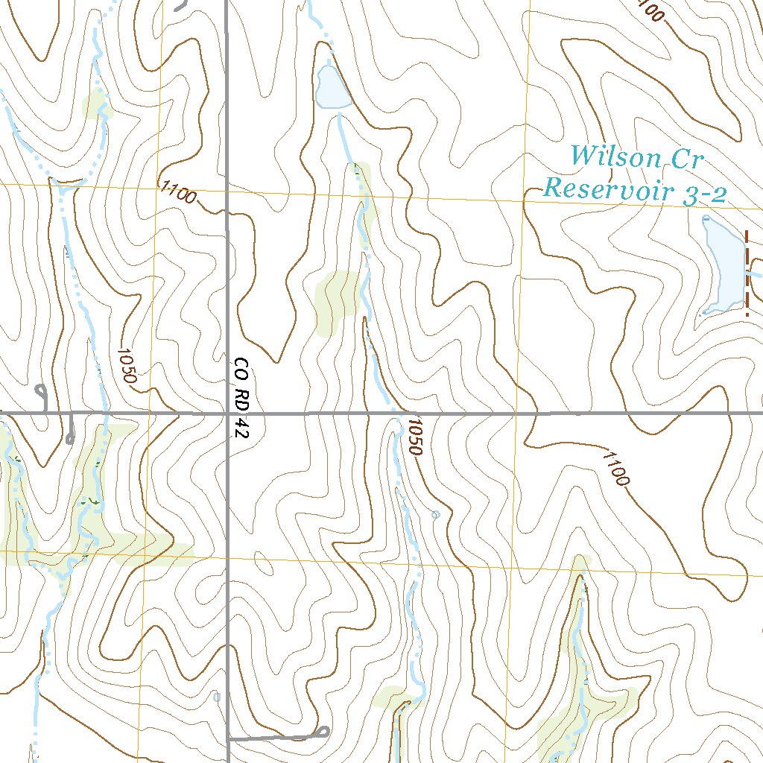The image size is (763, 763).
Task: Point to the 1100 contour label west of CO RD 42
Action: tap(178, 192)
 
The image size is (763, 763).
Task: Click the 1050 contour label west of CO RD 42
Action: tap(127, 366)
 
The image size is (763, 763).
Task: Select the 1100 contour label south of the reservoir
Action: tap(615, 467)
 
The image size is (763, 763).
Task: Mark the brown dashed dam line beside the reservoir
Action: tap(747, 273)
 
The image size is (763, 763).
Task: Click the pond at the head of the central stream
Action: tap(332, 89)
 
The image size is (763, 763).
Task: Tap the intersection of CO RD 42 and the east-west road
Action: tap(227, 412)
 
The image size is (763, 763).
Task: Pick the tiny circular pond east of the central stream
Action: tap(436, 514)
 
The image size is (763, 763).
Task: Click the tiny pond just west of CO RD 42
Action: tap(216, 697)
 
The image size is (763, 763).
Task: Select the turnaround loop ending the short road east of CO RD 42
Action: tap(323, 732)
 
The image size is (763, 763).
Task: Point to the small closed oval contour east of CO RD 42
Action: tap(263, 564)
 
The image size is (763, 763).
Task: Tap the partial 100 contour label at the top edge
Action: tap(650, 11)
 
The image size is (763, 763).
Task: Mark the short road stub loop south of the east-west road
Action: tap(71, 437)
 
